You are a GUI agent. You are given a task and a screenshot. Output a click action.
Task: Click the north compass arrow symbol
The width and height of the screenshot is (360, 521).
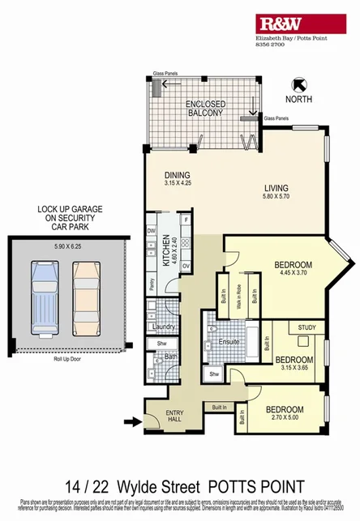click(298, 83)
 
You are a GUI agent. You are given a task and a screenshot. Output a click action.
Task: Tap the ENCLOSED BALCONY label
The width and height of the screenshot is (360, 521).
click(204, 109)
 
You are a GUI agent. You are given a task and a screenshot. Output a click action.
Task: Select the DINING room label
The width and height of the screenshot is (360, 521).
click(176, 175)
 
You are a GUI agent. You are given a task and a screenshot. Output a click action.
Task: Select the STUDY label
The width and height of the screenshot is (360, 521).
click(307, 328)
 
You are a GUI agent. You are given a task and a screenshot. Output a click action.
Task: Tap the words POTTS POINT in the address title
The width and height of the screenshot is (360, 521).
click(255, 487)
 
